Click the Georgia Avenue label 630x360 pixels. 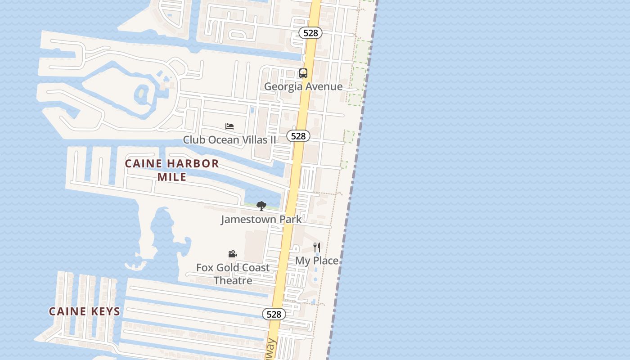click(x=303, y=86)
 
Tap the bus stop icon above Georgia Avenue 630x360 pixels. click(x=303, y=73)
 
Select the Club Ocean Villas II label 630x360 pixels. click(x=229, y=139)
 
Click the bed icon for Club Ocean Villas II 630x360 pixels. click(x=229, y=126)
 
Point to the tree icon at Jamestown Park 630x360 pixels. click(x=261, y=206)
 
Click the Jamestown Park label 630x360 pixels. click(x=261, y=219)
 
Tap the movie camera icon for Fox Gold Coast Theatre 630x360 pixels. click(x=232, y=254)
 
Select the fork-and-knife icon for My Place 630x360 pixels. click(x=317, y=247)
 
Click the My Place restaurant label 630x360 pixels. click(x=317, y=261)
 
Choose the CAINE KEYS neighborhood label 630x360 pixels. click(x=85, y=311)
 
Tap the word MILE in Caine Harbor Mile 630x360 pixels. click(x=172, y=177)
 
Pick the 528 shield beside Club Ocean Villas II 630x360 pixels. click(x=298, y=136)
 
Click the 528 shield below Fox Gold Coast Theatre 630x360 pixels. click(x=274, y=314)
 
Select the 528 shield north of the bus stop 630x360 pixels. click(x=310, y=33)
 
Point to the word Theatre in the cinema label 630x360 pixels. click(x=233, y=280)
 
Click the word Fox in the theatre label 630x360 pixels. click(x=205, y=267)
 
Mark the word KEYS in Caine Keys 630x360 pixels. click(x=105, y=311)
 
